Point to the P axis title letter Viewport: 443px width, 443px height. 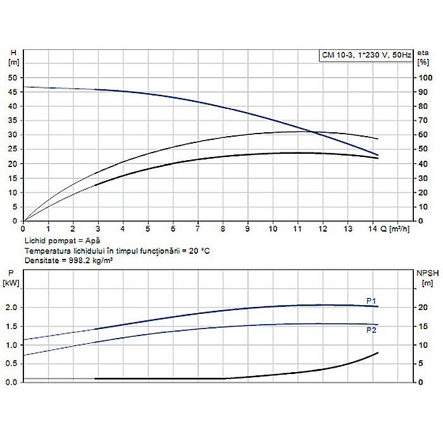(11, 273)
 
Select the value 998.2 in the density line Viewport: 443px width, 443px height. (86, 260)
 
